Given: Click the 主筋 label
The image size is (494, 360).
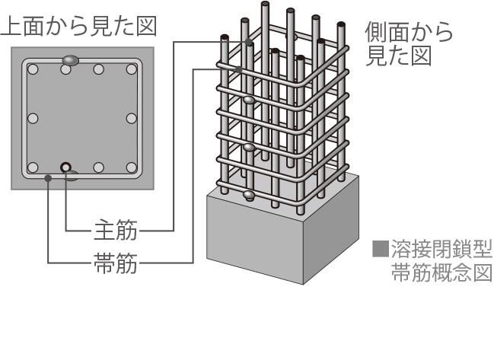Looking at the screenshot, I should tap(115, 228).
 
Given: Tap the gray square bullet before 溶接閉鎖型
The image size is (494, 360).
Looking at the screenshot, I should tap(380, 249).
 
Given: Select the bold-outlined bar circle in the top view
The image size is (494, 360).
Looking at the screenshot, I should tap(66, 167).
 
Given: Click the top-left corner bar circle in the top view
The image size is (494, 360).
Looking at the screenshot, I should tap(33, 69).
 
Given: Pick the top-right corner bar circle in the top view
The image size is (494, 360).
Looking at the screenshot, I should tap(132, 69).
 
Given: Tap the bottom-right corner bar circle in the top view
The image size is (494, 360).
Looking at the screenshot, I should tap(132, 167).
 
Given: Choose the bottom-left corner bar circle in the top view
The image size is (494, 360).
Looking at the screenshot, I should tap(33, 167).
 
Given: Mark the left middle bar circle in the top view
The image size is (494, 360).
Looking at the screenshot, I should tap(33, 118).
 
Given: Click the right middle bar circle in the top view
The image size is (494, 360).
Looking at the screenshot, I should tap(132, 118).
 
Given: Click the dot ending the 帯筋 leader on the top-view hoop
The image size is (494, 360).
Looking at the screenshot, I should tap(48, 178).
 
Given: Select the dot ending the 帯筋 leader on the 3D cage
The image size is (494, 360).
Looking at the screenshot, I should tap(239, 69).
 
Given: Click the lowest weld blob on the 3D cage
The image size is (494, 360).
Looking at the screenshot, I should tap(249, 196).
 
